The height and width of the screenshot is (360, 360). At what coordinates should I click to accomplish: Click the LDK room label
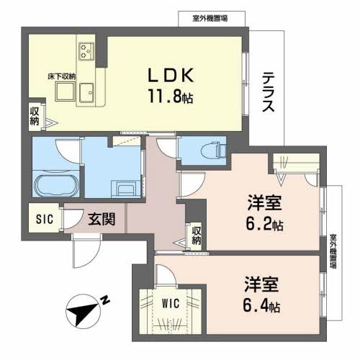(x=171, y=74)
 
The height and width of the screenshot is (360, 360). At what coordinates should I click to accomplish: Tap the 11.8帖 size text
(x=171, y=96)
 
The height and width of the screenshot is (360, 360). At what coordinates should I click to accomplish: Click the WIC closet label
(x=171, y=304)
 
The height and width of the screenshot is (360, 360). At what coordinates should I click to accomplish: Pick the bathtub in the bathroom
(x=53, y=187)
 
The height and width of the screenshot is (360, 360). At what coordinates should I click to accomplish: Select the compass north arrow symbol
(x=85, y=312)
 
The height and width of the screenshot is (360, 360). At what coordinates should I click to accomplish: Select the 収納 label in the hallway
(x=196, y=236)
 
